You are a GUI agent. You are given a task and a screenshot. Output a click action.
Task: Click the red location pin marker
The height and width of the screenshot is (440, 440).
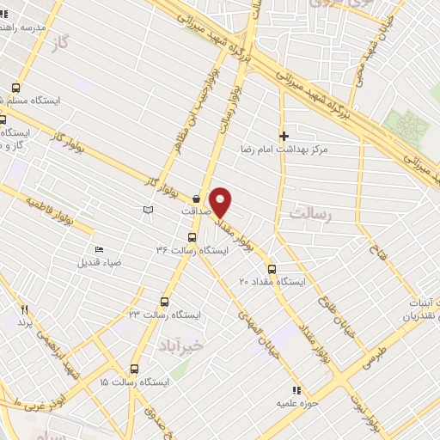click(222, 203)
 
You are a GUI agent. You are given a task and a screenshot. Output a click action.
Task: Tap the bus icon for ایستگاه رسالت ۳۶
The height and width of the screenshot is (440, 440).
click(191, 239)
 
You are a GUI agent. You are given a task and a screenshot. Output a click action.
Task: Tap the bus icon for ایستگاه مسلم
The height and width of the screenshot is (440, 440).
click(16, 88)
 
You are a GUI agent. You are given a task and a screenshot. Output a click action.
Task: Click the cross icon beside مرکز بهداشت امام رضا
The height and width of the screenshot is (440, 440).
click(284, 136)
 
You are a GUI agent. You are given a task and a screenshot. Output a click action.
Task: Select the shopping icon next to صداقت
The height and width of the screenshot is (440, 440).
click(196, 196)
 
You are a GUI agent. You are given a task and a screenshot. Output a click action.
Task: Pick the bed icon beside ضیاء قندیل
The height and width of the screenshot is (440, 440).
click(99, 249)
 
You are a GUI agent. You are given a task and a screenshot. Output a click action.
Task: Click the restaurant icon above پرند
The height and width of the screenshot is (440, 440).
click(25, 310)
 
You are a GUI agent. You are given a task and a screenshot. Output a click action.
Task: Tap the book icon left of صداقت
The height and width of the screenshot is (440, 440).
click(148, 210)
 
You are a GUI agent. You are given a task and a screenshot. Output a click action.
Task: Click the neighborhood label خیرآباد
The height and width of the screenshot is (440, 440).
click(181, 345)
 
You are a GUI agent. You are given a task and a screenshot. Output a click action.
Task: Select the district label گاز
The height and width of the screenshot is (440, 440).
click(59, 41)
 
